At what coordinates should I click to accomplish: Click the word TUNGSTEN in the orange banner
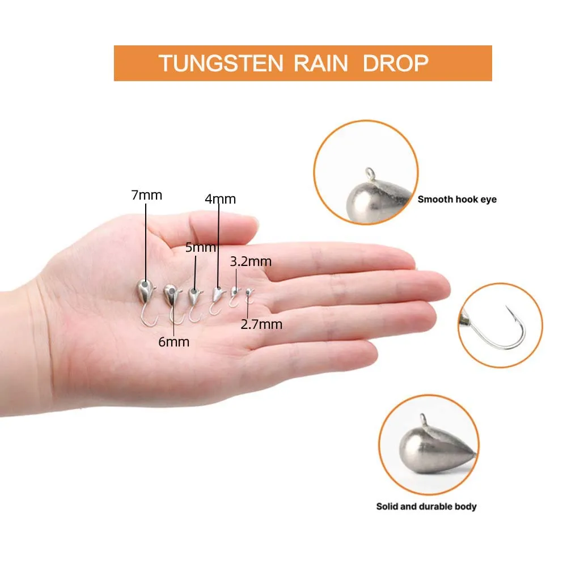tap(221, 63)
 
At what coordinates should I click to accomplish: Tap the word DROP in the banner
tap(395, 63)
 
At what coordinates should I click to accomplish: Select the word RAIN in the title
tap(320, 63)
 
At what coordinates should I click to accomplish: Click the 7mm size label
tap(146, 196)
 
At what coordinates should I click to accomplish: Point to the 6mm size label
tap(174, 342)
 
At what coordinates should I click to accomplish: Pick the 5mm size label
tap(201, 248)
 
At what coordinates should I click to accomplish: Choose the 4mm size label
tap(221, 199)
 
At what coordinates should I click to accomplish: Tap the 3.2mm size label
tap(251, 261)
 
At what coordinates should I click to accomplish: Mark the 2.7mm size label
tap(261, 324)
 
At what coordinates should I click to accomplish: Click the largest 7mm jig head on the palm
tap(145, 291)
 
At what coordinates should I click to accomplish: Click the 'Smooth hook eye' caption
tap(457, 200)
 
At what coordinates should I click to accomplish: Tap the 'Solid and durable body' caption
tap(426, 506)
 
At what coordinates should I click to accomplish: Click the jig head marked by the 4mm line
tap(217, 293)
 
